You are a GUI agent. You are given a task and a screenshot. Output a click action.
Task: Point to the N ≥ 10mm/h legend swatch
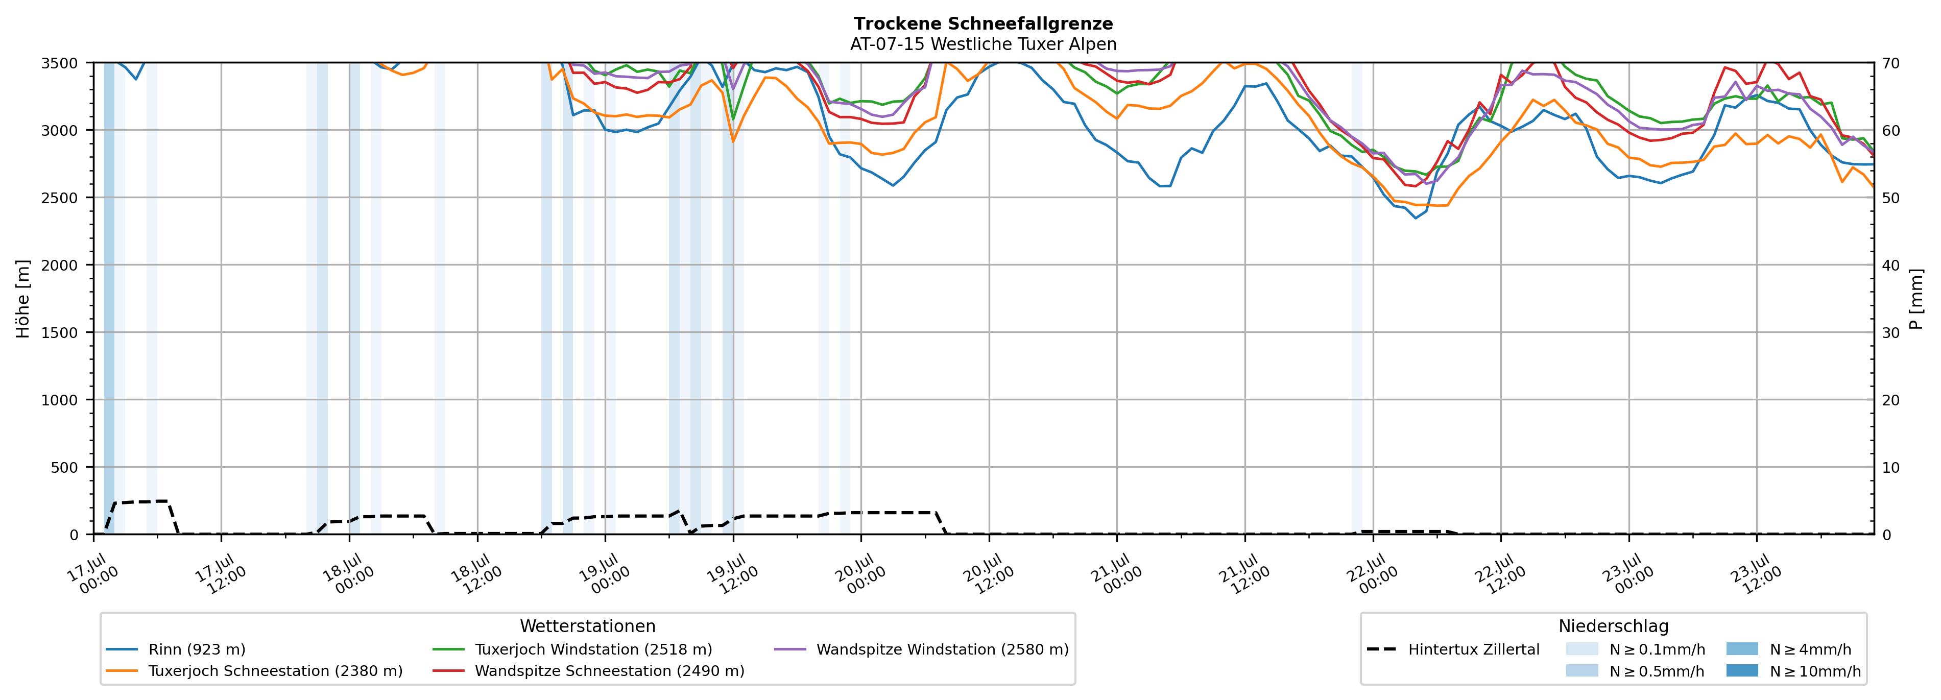(x=1741, y=670)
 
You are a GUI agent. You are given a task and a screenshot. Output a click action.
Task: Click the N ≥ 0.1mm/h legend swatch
(x=1581, y=649)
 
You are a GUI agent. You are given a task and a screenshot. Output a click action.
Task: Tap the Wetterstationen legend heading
(x=588, y=626)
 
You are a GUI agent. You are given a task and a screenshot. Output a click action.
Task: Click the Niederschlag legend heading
(x=1613, y=626)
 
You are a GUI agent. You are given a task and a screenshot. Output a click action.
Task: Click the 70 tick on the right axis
(x=1890, y=63)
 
